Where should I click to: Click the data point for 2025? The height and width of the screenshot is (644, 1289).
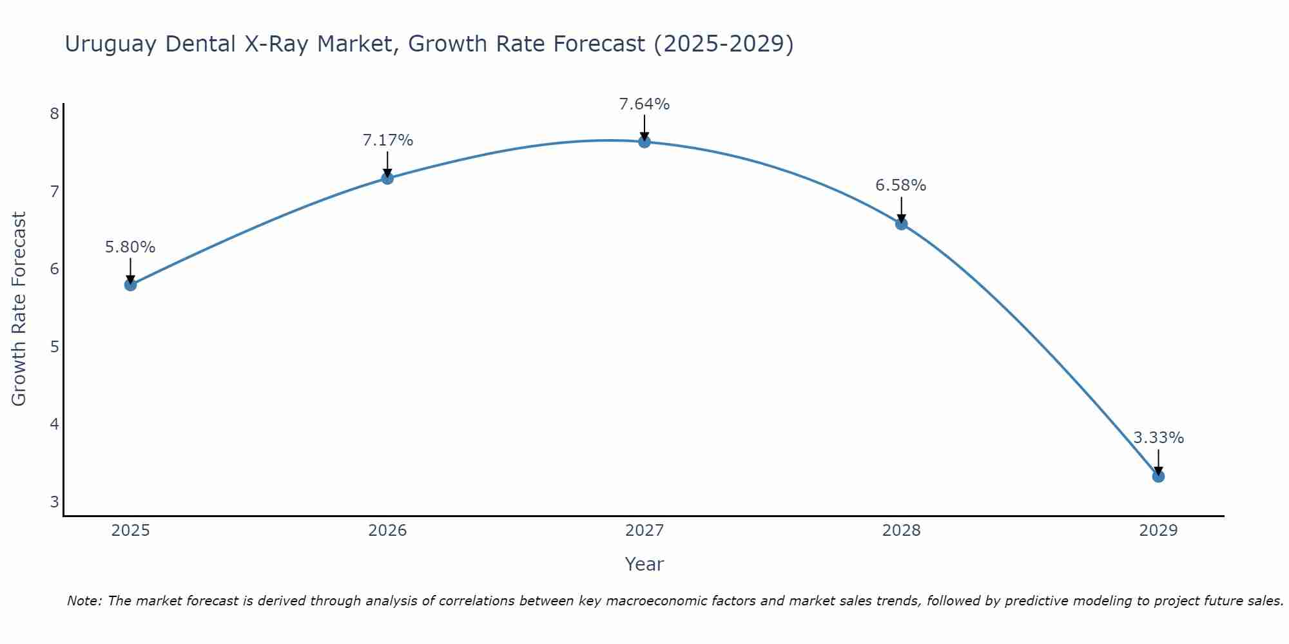pos(130,285)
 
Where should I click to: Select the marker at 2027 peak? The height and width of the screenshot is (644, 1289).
pos(644,142)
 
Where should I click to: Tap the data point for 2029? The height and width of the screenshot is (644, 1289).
pos(1158,477)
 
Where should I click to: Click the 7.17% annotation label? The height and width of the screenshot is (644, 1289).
pos(387,140)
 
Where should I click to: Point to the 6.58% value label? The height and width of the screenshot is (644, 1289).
pos(900,185)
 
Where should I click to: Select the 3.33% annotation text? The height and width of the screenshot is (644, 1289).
pos(1158,438)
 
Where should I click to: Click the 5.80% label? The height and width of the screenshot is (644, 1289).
pos(130,247)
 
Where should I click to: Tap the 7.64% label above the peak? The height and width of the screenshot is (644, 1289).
pos(644,104)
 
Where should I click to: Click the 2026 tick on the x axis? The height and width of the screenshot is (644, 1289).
pos(387,531)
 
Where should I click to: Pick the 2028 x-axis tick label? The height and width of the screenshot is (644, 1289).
pos(901,531)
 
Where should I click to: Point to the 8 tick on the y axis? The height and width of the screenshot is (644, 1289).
pos(54,114)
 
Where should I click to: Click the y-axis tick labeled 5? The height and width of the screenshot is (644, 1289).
pos(54,347)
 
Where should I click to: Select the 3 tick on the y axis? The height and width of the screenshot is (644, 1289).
pos(54,502)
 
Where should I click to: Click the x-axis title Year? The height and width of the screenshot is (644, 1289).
pos(644,564)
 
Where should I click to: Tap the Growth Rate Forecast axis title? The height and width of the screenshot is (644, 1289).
pos(19,309)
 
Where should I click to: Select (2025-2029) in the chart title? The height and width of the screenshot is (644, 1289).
pos(723,44)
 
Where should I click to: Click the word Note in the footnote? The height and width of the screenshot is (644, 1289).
pos(84,601)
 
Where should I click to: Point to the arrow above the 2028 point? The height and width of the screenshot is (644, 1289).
pos(901,209)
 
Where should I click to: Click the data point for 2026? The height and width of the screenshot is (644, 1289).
pos(387,178)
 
